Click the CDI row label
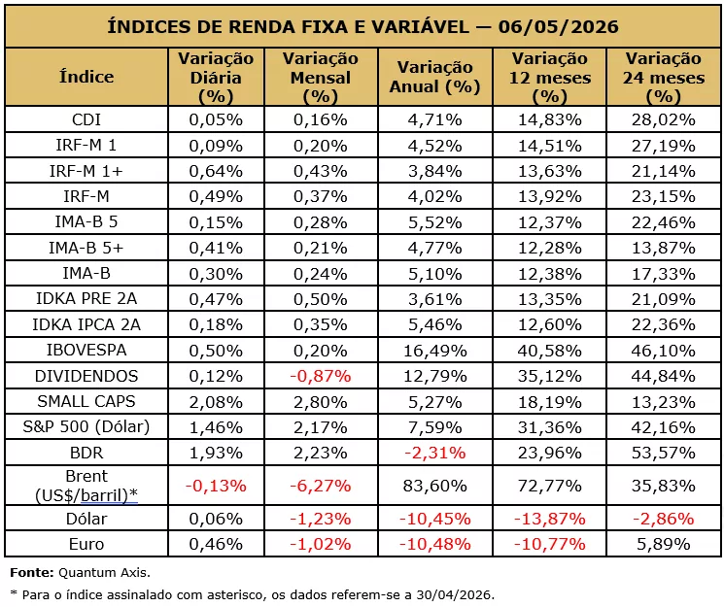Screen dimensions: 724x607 click(x=86, y=119)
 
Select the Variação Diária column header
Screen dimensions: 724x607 click(x=216, y=77)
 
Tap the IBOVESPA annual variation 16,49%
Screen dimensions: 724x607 click(x=435, y=351)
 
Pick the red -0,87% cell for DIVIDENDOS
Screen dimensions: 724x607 click(x=321, y=376)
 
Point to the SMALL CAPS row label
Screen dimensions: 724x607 click(x=86, y=401)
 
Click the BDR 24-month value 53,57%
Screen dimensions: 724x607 click(x=663, y=453)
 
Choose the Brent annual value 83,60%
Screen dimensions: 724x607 click(x=435, y=486)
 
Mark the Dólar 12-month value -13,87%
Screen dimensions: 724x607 click(x=549, y=519)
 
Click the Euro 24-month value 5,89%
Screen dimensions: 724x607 click(x=663, y=544)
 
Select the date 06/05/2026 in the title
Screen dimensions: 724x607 click(x=558, y=27)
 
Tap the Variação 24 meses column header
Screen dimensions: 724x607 click(x=664, y=77)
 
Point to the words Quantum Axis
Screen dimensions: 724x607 click(x=104, y=573)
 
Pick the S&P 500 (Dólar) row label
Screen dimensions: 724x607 click(x=86, y=426)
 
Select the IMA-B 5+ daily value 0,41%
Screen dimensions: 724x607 click(x=216, y=248)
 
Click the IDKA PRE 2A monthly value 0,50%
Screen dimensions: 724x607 click(x=321, y=299)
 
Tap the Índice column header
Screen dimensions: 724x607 click(x=86, y=76)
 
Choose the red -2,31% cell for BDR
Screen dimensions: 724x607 click(x=435, y=453)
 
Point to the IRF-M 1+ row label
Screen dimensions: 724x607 click(x=86, y=171)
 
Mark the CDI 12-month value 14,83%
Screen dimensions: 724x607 click(x=549, y=119)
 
